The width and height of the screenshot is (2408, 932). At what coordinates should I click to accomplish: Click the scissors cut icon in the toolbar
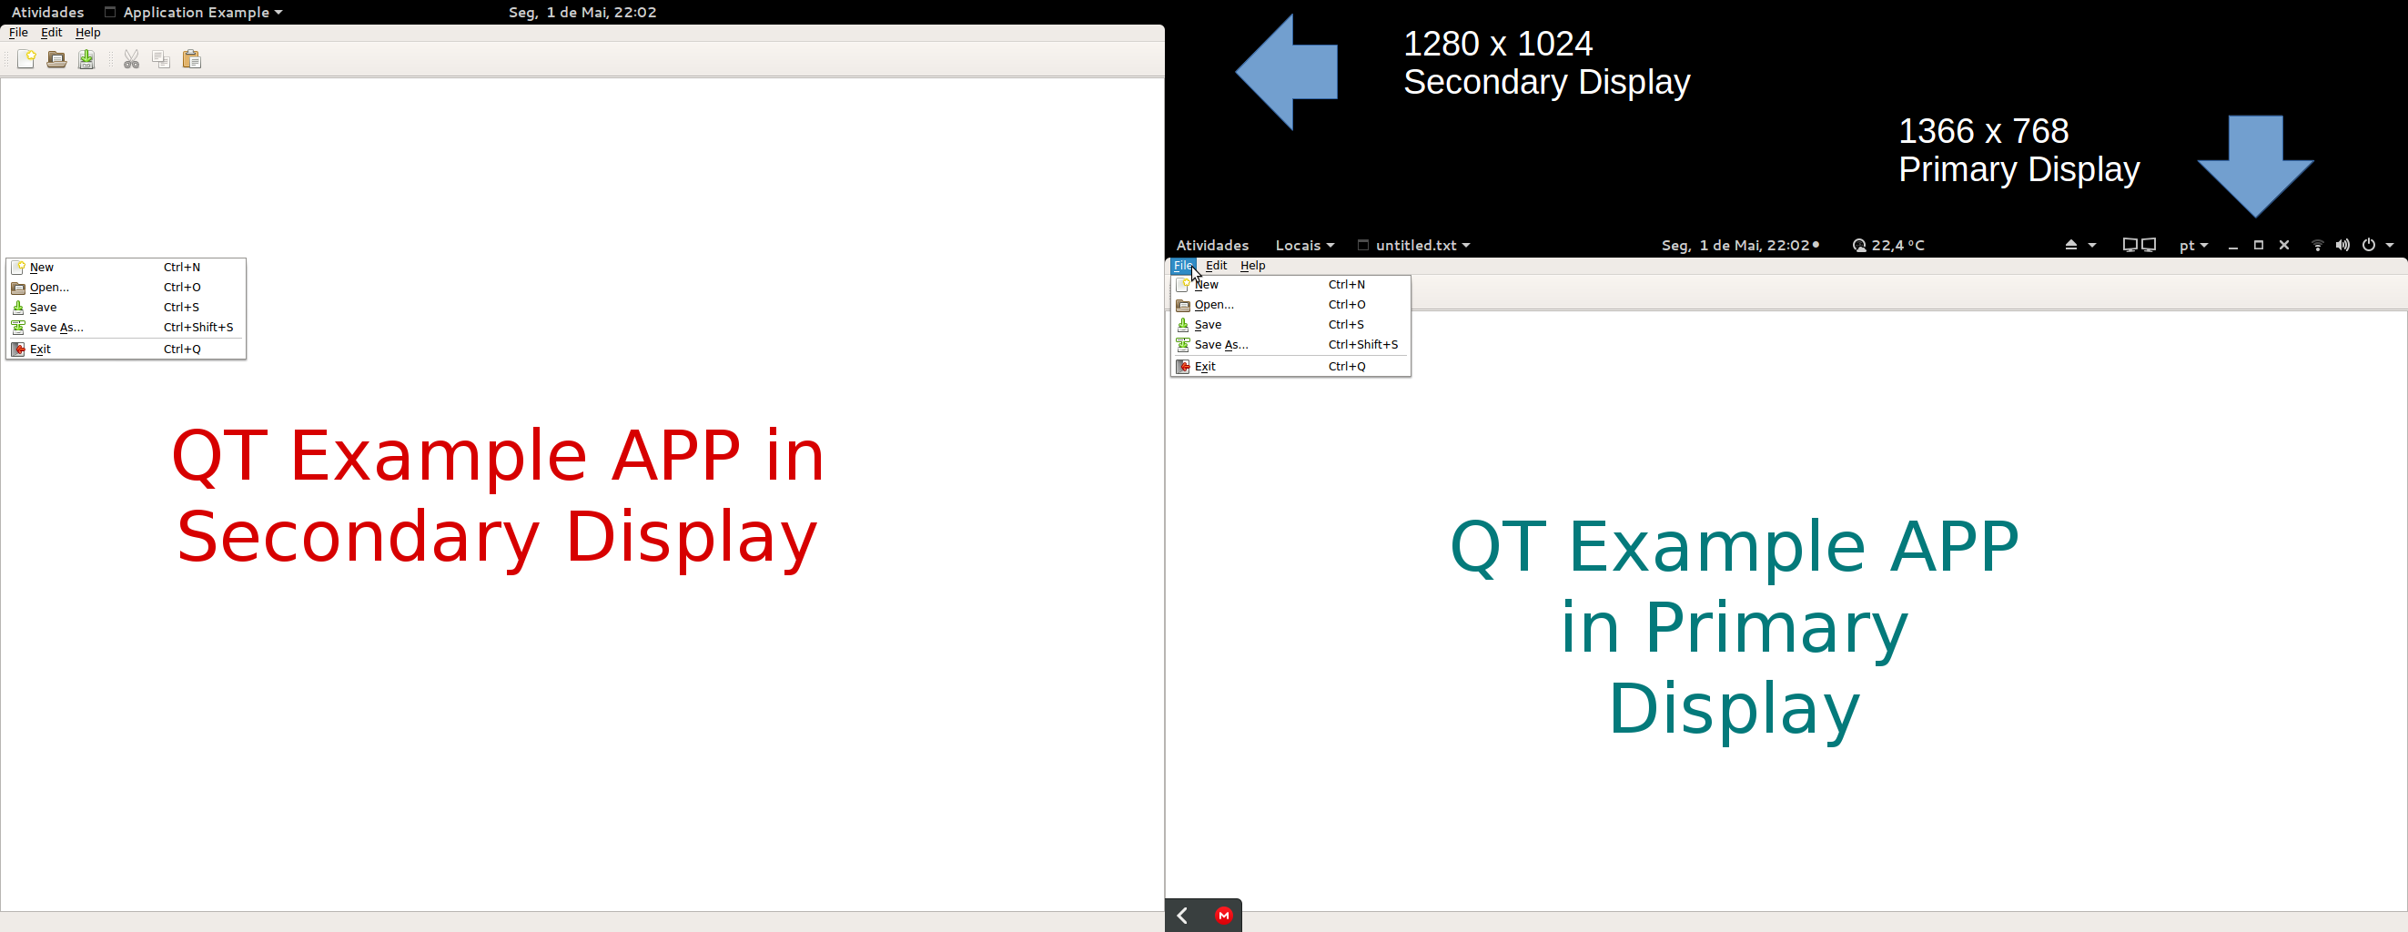click(x=132, y=60)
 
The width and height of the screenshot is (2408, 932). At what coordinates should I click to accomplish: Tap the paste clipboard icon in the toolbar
click(x=192, y=60)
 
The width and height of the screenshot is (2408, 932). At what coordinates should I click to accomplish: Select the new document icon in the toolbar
click(x=26, y=60)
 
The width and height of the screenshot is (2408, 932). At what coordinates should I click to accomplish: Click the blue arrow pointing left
click(x=1286, y=72)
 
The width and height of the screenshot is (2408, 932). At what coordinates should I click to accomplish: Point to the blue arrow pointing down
click(x=2256, y=167)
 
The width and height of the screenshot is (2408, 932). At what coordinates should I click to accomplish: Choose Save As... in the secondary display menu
click(x=57, y=327)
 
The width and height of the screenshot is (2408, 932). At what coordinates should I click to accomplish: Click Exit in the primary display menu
click(x=1205, y=367)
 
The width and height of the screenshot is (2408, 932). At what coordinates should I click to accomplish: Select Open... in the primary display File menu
click(x=1214, y=305)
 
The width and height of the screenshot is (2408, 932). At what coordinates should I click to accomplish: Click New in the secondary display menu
click(x=42, y=268)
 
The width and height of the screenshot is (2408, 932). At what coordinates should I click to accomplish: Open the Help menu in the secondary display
click(x=88, y=33)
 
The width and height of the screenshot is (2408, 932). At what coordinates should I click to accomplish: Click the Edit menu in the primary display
click(x=1216, y=266)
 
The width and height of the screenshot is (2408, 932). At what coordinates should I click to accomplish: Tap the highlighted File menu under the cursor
click(x=1182, y=266)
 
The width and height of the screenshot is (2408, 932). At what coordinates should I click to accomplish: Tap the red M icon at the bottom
click(x=1224, y=917)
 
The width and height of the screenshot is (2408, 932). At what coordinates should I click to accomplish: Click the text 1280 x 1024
click(x=1498, y=44)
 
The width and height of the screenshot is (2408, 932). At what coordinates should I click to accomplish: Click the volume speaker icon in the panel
click(x=2342, y=245)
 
